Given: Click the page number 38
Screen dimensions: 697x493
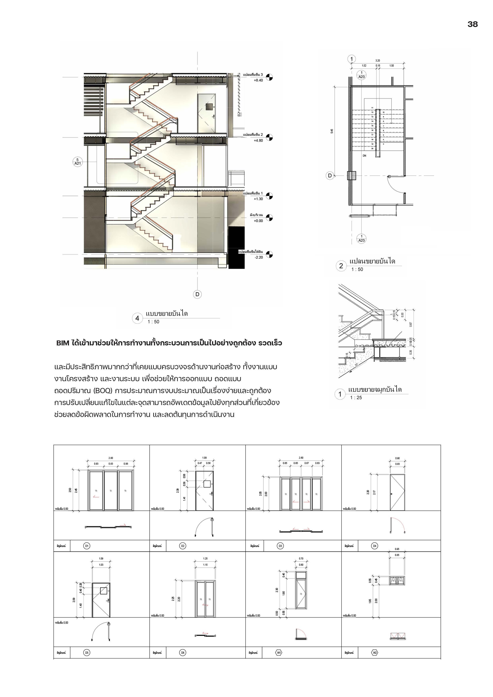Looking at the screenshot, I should coord(472,24).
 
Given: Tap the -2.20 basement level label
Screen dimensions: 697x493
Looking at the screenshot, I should coord(259,257).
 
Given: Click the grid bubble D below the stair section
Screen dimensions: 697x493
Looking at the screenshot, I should coord(197,294).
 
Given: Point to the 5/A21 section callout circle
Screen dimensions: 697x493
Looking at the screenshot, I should coord(78,162).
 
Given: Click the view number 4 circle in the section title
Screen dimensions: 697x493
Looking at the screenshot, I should coord(137,318).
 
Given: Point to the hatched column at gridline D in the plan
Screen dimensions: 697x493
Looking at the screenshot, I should coord(351,176).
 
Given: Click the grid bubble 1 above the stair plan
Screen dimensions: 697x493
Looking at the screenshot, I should coord(351,59).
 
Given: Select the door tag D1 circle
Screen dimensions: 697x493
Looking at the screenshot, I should coord(87,546).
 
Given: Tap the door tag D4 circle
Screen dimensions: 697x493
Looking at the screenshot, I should coord(375,546).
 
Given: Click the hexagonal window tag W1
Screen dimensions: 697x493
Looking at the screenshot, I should coord(279,653).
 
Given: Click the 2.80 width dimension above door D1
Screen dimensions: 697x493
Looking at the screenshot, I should coord(111,458).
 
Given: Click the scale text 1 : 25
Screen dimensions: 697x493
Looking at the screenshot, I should coord(356,398).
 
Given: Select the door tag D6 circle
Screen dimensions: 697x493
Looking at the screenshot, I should coord(183,653).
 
